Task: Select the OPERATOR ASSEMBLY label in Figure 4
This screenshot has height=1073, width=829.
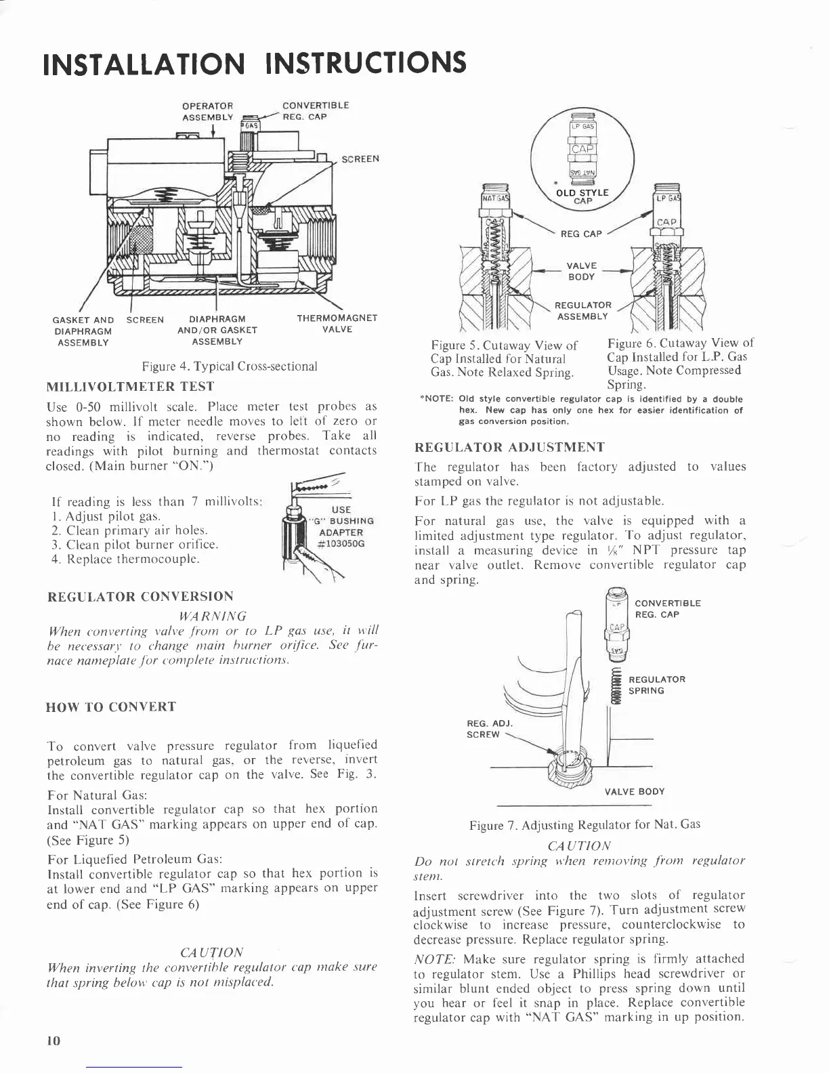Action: pos(208,111)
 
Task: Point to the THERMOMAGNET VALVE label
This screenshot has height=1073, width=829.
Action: pos(337,324)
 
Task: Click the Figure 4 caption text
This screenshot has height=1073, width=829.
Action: pos(230,366)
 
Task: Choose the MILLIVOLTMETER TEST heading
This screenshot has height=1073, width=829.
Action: pos(130,387)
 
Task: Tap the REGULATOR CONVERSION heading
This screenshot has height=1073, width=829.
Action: pos(140,597)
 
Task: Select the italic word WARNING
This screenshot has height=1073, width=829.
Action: pos(212,616)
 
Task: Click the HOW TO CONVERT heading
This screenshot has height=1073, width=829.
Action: pos(111,707)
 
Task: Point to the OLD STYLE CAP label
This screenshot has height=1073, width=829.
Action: pos(582,196)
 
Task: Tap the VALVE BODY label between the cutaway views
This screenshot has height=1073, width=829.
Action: pos(580,271)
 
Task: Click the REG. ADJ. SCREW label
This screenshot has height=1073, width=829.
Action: pos(484,729)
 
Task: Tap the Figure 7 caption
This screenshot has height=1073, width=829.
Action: pos(584,824)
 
